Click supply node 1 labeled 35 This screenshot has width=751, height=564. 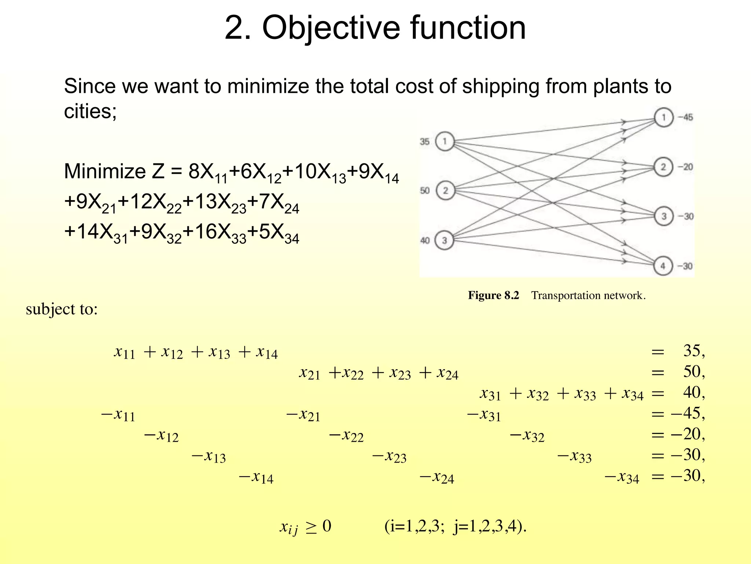pyautogui.click(x=445, y=141)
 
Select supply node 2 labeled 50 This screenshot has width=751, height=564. pyautogui.click(x=446, y=191)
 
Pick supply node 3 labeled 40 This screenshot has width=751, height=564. pyautogui.click(x=444, y=241)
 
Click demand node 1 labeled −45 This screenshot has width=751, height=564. pyautogui.click(x=663, y=117)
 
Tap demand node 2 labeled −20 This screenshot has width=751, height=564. pyautogui.click(x=663, y=167)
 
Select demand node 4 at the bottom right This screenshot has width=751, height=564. pyautogui.click(x=663, y=266)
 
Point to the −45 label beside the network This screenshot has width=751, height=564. pyautogui.click(x=685, y=117)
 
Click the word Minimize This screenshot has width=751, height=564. pyautogui.click(x=105, y=171)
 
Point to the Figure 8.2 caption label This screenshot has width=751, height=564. pyautogui.click(x=493, y=296)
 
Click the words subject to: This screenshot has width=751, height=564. pyautogui.click(x=62, y=309)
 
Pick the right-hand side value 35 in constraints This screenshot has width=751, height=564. pyautogui.click(x=692, y=351)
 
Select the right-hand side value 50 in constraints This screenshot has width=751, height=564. pyautogui.click(x=692, y=372)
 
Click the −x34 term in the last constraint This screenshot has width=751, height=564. pyautogui.click(x=622, y=477)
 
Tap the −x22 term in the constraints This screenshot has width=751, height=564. pyautogui.click(x=346, y=435)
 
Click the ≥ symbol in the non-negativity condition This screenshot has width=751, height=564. pyautogui.click(x=311, y=527)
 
